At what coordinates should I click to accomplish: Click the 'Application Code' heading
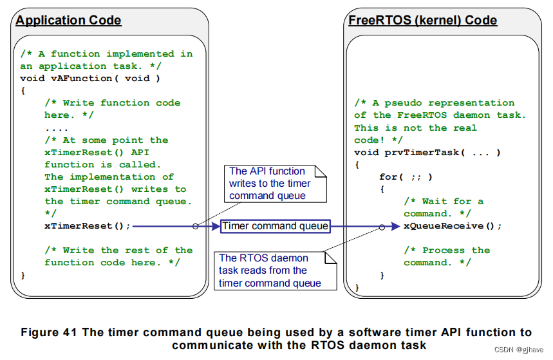pyautogui.click(x=68, y=20)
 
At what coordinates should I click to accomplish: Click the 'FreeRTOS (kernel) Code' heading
pyautogui.click(x=422, y=20)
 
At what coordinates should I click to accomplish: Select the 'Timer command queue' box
pyautogui.click(x=276, y=226)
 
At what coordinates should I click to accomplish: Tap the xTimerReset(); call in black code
pyautogui.click(x=88, y=226)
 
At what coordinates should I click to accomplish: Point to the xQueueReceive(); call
pyautogui.click(x=453, y=226)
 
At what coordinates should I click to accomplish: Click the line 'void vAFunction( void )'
pyautogui.click(x=90, y=79)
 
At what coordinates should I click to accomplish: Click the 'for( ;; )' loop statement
pyautogui.click(x=406, y=176)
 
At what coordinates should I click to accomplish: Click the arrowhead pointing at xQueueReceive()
pyautogui.click(x=395, y=226)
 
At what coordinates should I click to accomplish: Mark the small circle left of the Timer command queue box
pyautogui.click(x=195, y=226)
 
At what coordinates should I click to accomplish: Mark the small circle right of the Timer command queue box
pyautogui.click(x=383, y=226)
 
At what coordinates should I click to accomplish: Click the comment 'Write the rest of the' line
pyautogui.click(x=118, y=251)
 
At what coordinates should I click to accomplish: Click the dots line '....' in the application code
pyautogui.click(x=57, y=128)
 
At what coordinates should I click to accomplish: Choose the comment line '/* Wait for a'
pyautogui.click(x=444, y=201)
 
